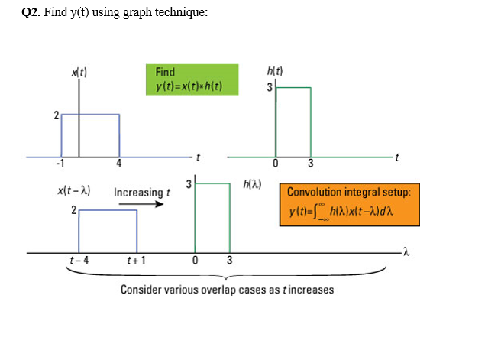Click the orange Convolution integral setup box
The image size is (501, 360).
point(349,203)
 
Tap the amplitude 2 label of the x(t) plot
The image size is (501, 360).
point(56,116)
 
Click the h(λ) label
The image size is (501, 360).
point(249,184)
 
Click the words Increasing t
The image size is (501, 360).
point(141,192)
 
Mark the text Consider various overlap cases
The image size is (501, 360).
point(226,290)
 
